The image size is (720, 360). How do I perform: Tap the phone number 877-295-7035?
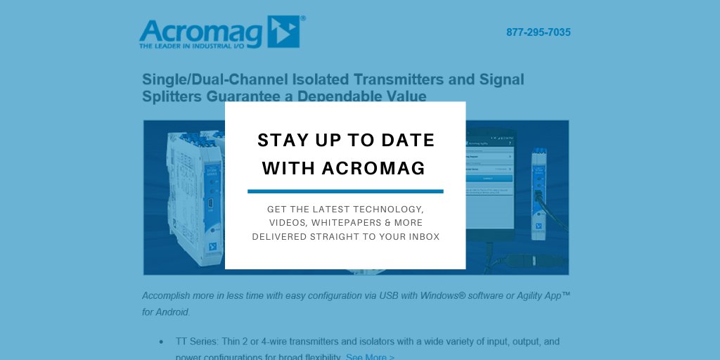click(538, 32)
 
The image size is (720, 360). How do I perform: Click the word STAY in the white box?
click(277, 140)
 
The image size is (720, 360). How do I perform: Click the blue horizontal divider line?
click(345, 191)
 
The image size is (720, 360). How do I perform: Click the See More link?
click(370, 356)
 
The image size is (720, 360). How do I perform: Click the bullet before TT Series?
click(161, 342)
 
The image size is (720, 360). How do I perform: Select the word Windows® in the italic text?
click(446, 295)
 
